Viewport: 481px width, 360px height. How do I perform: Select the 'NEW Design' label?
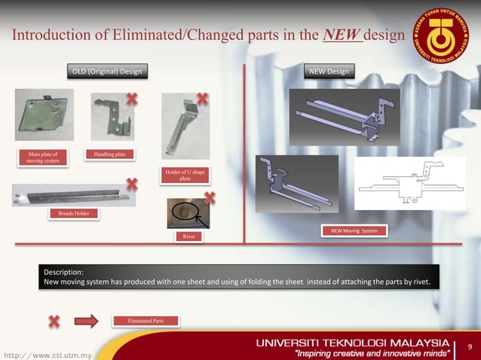coord(328,72)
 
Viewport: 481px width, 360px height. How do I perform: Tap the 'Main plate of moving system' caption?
coord(42,158)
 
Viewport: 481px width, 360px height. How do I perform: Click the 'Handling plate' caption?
coord(110,155)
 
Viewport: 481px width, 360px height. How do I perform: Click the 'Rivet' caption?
coord(188,237)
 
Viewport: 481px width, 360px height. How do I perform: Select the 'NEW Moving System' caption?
coord(354,230)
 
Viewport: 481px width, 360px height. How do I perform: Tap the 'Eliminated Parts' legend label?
coord(147,321)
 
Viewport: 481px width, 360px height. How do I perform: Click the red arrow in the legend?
coord(87,322)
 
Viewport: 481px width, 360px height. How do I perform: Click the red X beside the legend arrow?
coord(54,322)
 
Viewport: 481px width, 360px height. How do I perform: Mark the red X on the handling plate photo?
coord(133,99)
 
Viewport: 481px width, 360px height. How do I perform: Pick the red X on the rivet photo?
coord(209,198)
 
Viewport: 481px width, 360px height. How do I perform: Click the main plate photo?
coord(44,114)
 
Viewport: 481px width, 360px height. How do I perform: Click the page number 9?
coord(470,347)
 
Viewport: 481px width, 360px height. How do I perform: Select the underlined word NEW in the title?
coord(342,35)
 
